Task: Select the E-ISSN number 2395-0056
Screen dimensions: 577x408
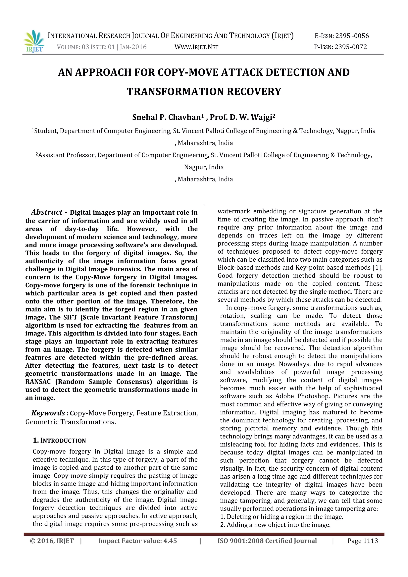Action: point(352,36)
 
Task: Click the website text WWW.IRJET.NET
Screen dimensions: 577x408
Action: point(196,47)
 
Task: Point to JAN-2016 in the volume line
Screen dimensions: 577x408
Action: point(133,47)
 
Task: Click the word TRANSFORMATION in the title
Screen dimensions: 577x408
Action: point(176,91)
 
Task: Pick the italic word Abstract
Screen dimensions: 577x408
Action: point(47,212)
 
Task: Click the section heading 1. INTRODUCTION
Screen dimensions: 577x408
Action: point(59,441)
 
